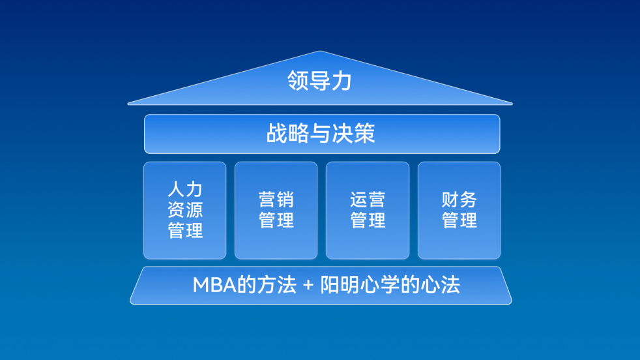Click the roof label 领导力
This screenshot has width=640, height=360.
319,80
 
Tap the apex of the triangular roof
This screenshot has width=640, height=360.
320,51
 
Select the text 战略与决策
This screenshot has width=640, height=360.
321,133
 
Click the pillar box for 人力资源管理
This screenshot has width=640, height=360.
185,211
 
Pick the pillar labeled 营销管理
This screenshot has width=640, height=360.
276,211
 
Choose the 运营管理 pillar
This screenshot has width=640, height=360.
368,211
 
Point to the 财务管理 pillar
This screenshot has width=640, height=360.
459,211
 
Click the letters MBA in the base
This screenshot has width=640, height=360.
214,285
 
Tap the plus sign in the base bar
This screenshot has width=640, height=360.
308,285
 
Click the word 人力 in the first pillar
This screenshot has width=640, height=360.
185,190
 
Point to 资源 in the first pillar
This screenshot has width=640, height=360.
185,210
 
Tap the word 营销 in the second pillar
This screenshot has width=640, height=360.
276,200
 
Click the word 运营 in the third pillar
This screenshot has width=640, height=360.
368,200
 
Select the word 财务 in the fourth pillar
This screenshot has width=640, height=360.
459,200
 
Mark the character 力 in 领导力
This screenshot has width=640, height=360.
342,80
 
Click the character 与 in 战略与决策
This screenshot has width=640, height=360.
321,133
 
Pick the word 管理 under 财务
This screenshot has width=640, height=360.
459,220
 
